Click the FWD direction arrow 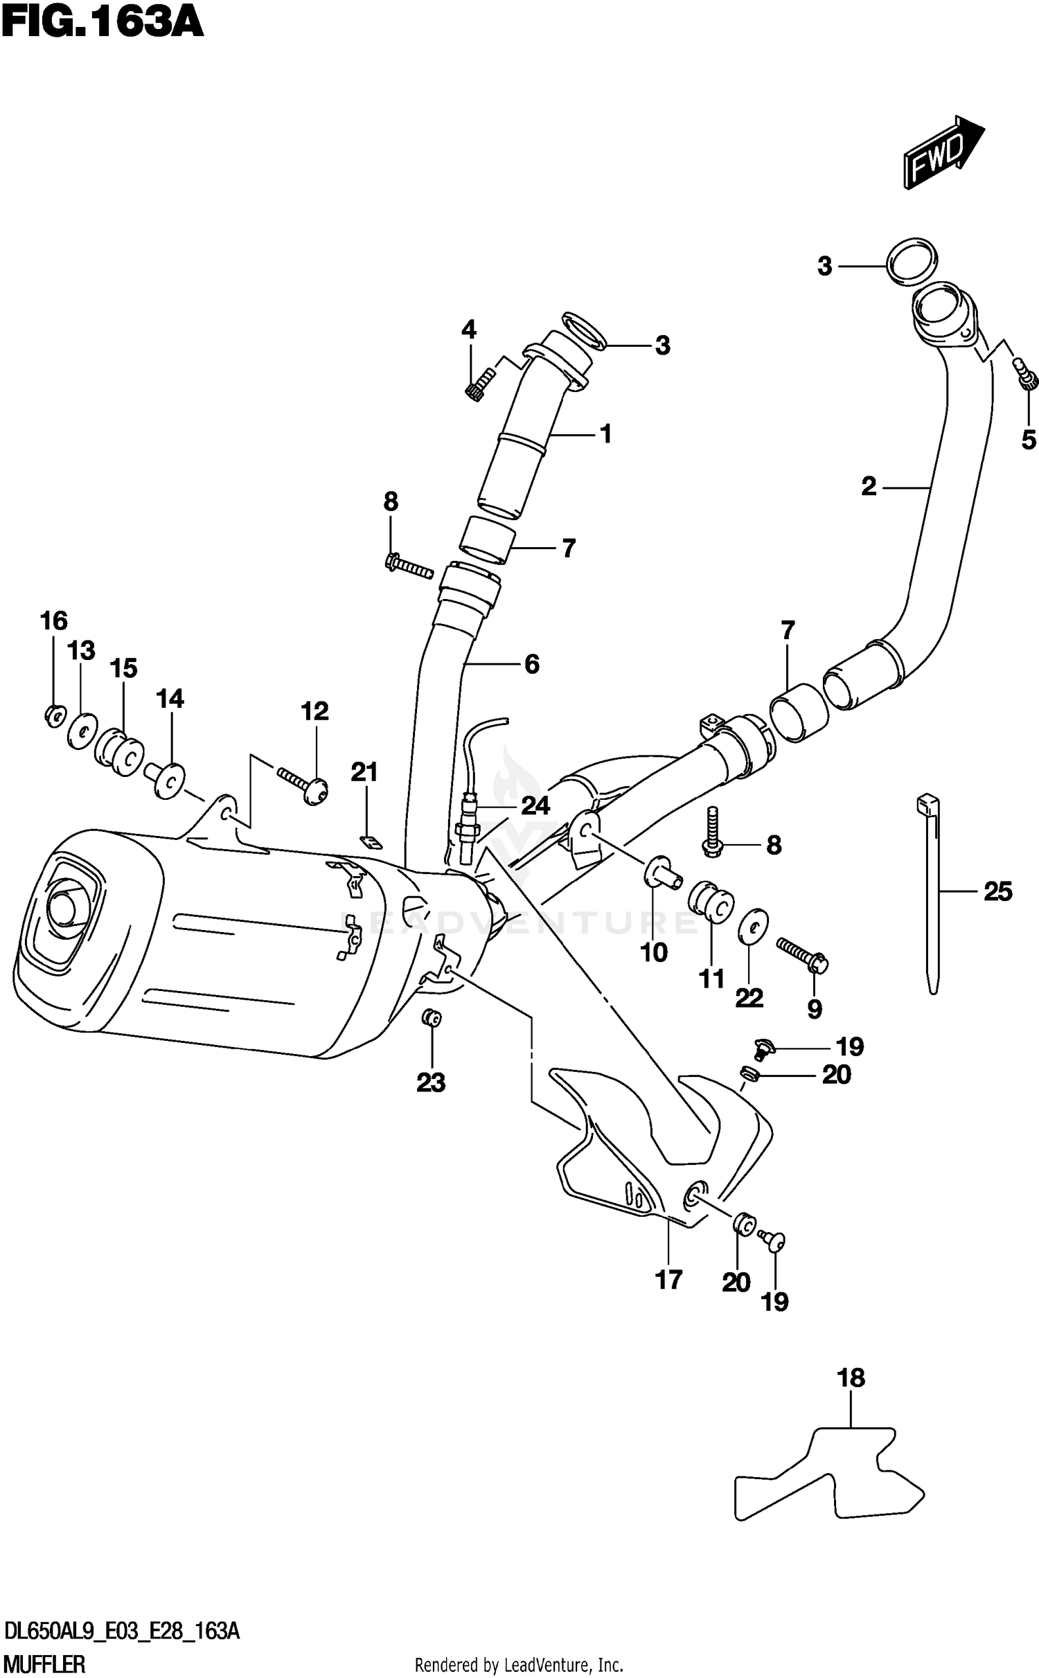point(942,154)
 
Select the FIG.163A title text point(103,23)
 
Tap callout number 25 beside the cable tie point(997,891)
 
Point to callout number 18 point(851,1378)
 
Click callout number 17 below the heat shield point(668,1280)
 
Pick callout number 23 point(430,1082)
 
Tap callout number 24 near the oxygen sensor point(535,805)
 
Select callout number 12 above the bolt point(314,711)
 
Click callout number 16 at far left point(53,621)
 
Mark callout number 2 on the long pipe point(869,487)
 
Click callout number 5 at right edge point(1029,439)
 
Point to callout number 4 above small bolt point(469,330)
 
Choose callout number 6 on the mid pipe point(531,664)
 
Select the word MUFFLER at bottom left point(45,1664)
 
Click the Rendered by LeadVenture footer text point(519,1664)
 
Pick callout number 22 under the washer point(749,998)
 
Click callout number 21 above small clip point(364,771)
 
